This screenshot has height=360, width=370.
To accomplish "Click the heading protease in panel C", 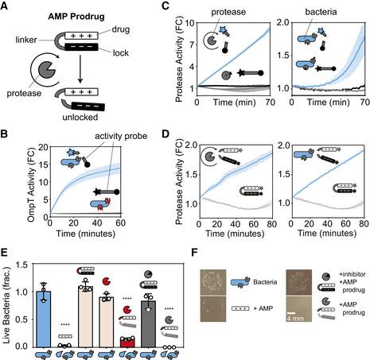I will pos(224,14).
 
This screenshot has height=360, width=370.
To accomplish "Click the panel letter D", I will pos(164,130).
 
